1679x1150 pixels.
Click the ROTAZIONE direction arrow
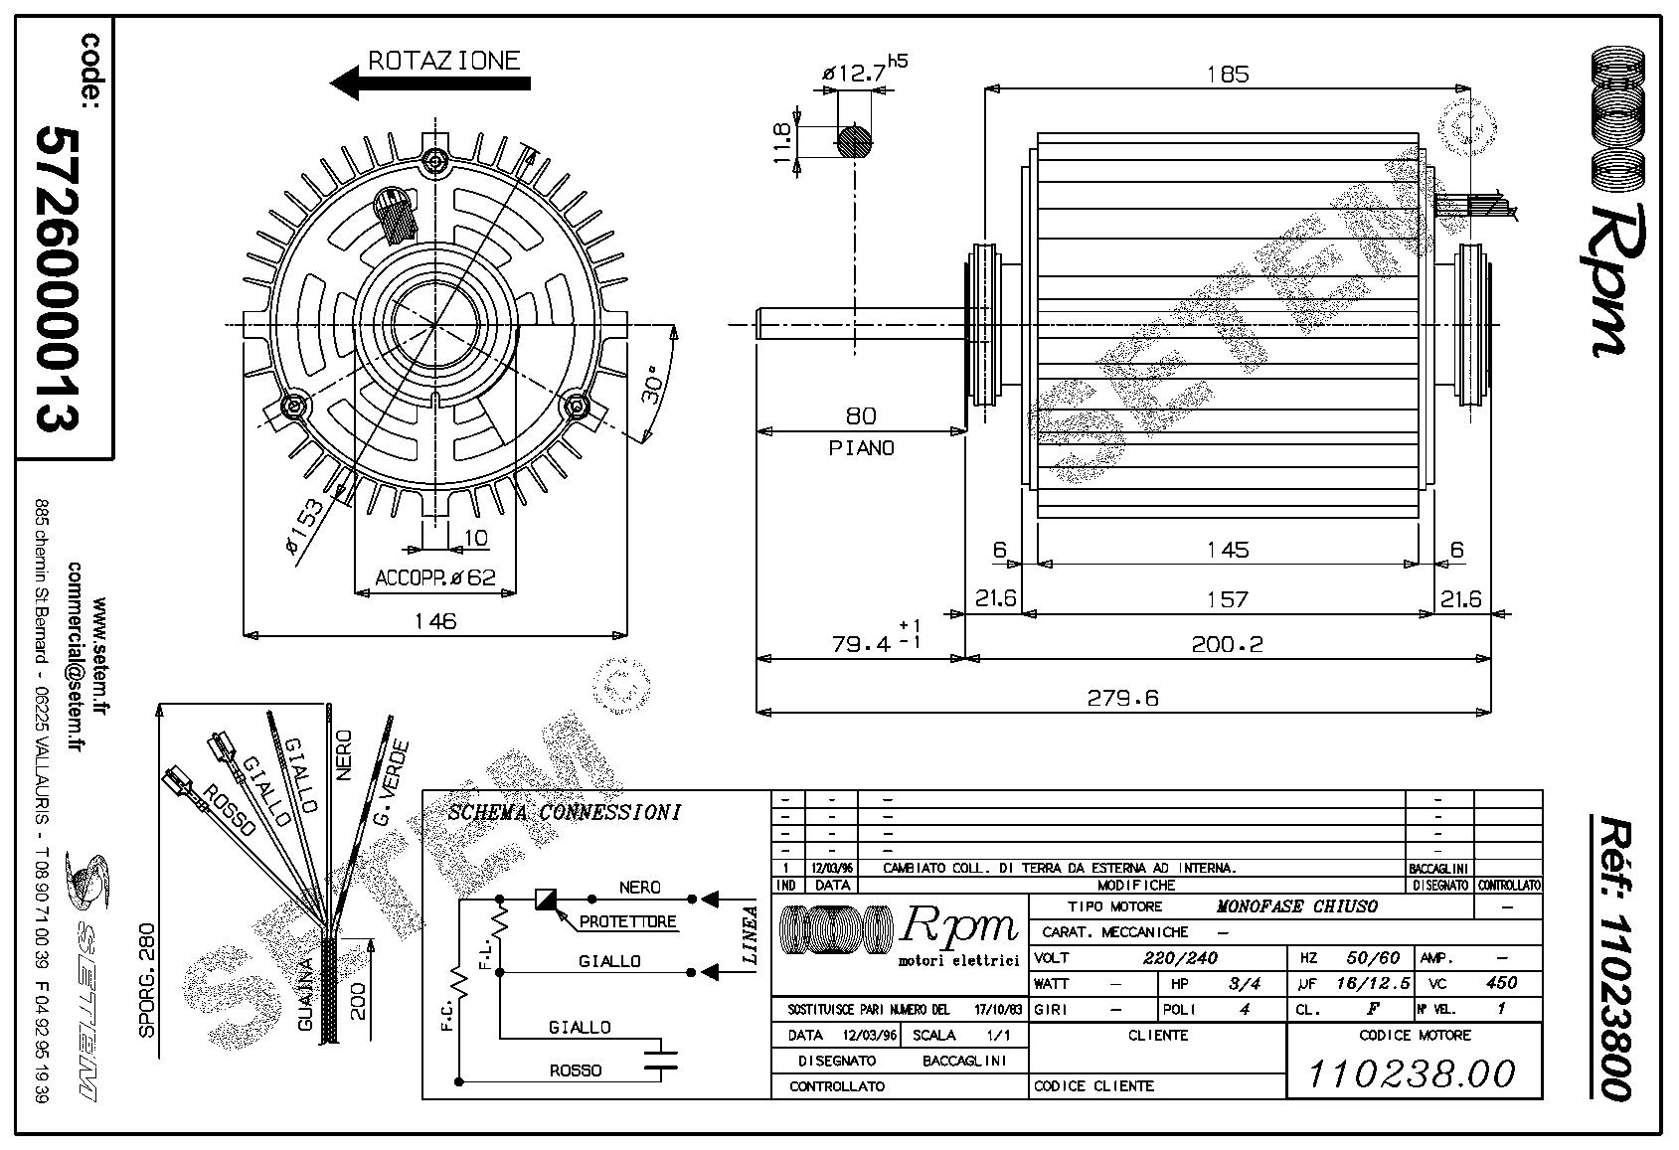pyautogui.click(x=429, y=82)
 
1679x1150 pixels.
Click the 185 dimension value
pyautogui.click(x=1228, y=74)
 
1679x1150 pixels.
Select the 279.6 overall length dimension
pyautogui.click(x=1122, y=698)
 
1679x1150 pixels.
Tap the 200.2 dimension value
pyautogui.click(x=1227, y=644)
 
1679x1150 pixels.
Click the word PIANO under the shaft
pyautogui.click(x=861, y=448)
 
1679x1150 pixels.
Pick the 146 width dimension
pyautogui.click(x=435, y=621)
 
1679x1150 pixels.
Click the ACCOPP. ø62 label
pyautogui.click(x=434, y=577)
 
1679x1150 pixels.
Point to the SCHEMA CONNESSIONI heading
pyautogui.click(x=565, y=812)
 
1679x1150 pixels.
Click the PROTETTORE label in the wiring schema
pyautogui.click(x=627, y=921)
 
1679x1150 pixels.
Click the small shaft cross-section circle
pyautogui.click(x=855, y=141)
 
